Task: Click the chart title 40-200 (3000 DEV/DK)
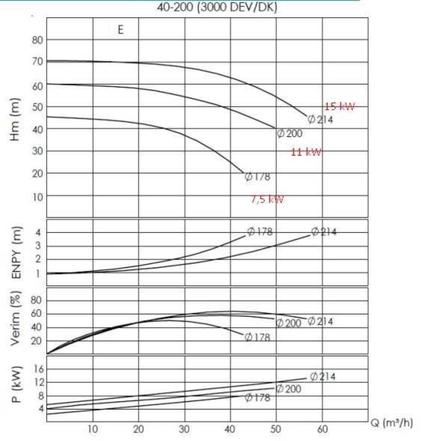[217, 7]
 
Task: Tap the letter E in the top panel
[120, 30]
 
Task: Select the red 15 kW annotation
[339, 106]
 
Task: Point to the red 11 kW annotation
[306, 152]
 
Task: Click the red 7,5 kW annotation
[268, 199]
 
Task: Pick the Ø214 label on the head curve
[320, 120]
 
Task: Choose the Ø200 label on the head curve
[290, 134]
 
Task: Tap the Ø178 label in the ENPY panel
[260, 232]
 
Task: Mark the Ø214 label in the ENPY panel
[324, 232]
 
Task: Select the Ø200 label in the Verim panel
[289, 323]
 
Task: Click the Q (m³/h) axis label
[391, 424]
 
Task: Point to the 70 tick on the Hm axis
[37, 62]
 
